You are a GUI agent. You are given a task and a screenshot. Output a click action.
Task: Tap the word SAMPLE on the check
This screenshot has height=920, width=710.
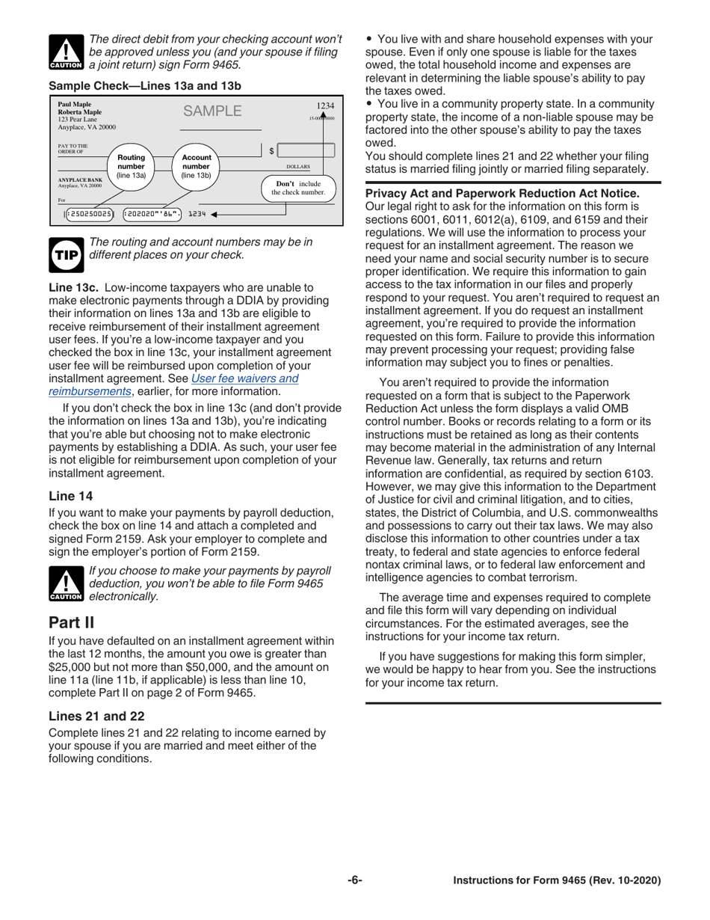click(x=212, y=111)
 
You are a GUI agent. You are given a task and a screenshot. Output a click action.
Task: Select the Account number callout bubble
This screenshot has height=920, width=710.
click(x=196, y=166)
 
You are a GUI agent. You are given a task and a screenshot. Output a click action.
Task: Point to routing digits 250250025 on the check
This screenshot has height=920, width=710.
click(x=89, y=214)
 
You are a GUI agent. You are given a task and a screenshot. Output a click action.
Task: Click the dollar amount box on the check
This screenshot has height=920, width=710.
click(x=306, y=151)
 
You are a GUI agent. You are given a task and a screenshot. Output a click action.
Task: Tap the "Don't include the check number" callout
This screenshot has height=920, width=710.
click(x=297, y=188)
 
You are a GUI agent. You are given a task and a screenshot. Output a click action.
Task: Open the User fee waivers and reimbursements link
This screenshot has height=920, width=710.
click(x=244, y=378)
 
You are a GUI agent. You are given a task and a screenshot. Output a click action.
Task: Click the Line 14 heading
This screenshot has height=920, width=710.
click(x=70, y=496)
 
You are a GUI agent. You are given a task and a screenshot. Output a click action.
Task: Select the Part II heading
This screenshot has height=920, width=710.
click(x=71, y=622)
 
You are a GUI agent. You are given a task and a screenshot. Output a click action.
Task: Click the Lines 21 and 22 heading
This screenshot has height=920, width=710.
click(x=96, y=716)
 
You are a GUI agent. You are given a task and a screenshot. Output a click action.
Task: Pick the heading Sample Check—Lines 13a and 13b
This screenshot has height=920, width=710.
click(x=144, y=86)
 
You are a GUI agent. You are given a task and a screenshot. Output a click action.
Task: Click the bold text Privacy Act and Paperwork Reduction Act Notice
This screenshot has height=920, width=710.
click(x=501, y=193)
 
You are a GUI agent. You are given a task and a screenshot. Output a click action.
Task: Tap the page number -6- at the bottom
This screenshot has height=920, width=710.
click(x=354, y=880)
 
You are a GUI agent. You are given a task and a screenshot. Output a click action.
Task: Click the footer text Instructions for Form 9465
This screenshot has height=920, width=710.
click(x=557, y=880)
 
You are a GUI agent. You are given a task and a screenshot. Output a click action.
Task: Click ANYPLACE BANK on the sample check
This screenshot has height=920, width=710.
click(x=80, y=180)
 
